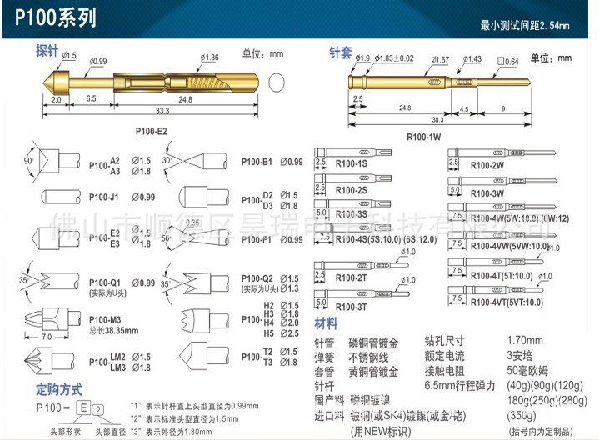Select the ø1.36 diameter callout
[x=210, y=58]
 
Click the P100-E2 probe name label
[x=151, y=132]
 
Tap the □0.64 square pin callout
[x=507, y=60]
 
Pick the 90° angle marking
[x=28, y=159]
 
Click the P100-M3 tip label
[x=106, y=319]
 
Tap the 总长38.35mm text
[x=116, y=330]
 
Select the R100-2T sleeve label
[x=352, y=276]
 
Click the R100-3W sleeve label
[x=487, y=193]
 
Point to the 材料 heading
[x=326, y=323]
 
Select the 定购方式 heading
[x=59, y=389]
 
